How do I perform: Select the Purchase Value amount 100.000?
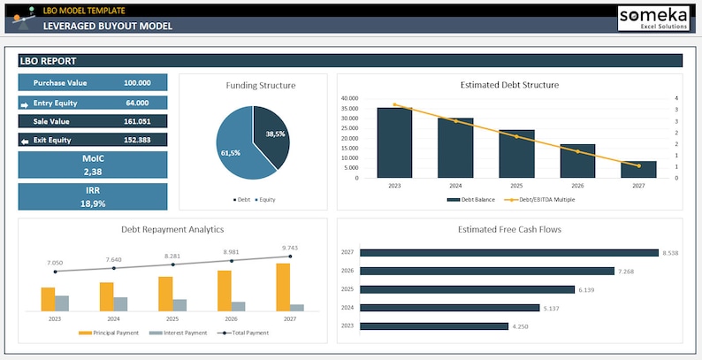[x=136, y=82]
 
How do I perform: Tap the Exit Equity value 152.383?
[x=136, y=140]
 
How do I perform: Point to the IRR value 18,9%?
[x=93, y=203]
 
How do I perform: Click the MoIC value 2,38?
[x=93, y=172]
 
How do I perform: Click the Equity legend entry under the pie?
[x=265, y=200]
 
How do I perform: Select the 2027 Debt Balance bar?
[x=638, y=169]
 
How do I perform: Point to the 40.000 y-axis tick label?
[x=348, y=98]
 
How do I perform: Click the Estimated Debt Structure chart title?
[x=509, y=85]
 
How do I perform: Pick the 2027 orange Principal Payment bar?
[x=283, y=287]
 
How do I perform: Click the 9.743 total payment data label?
[x=290, y=248]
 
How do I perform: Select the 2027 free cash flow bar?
[x=510, y=252]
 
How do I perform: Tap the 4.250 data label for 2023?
[x=522, y=326]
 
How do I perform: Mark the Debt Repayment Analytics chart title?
[x=172, y=229]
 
